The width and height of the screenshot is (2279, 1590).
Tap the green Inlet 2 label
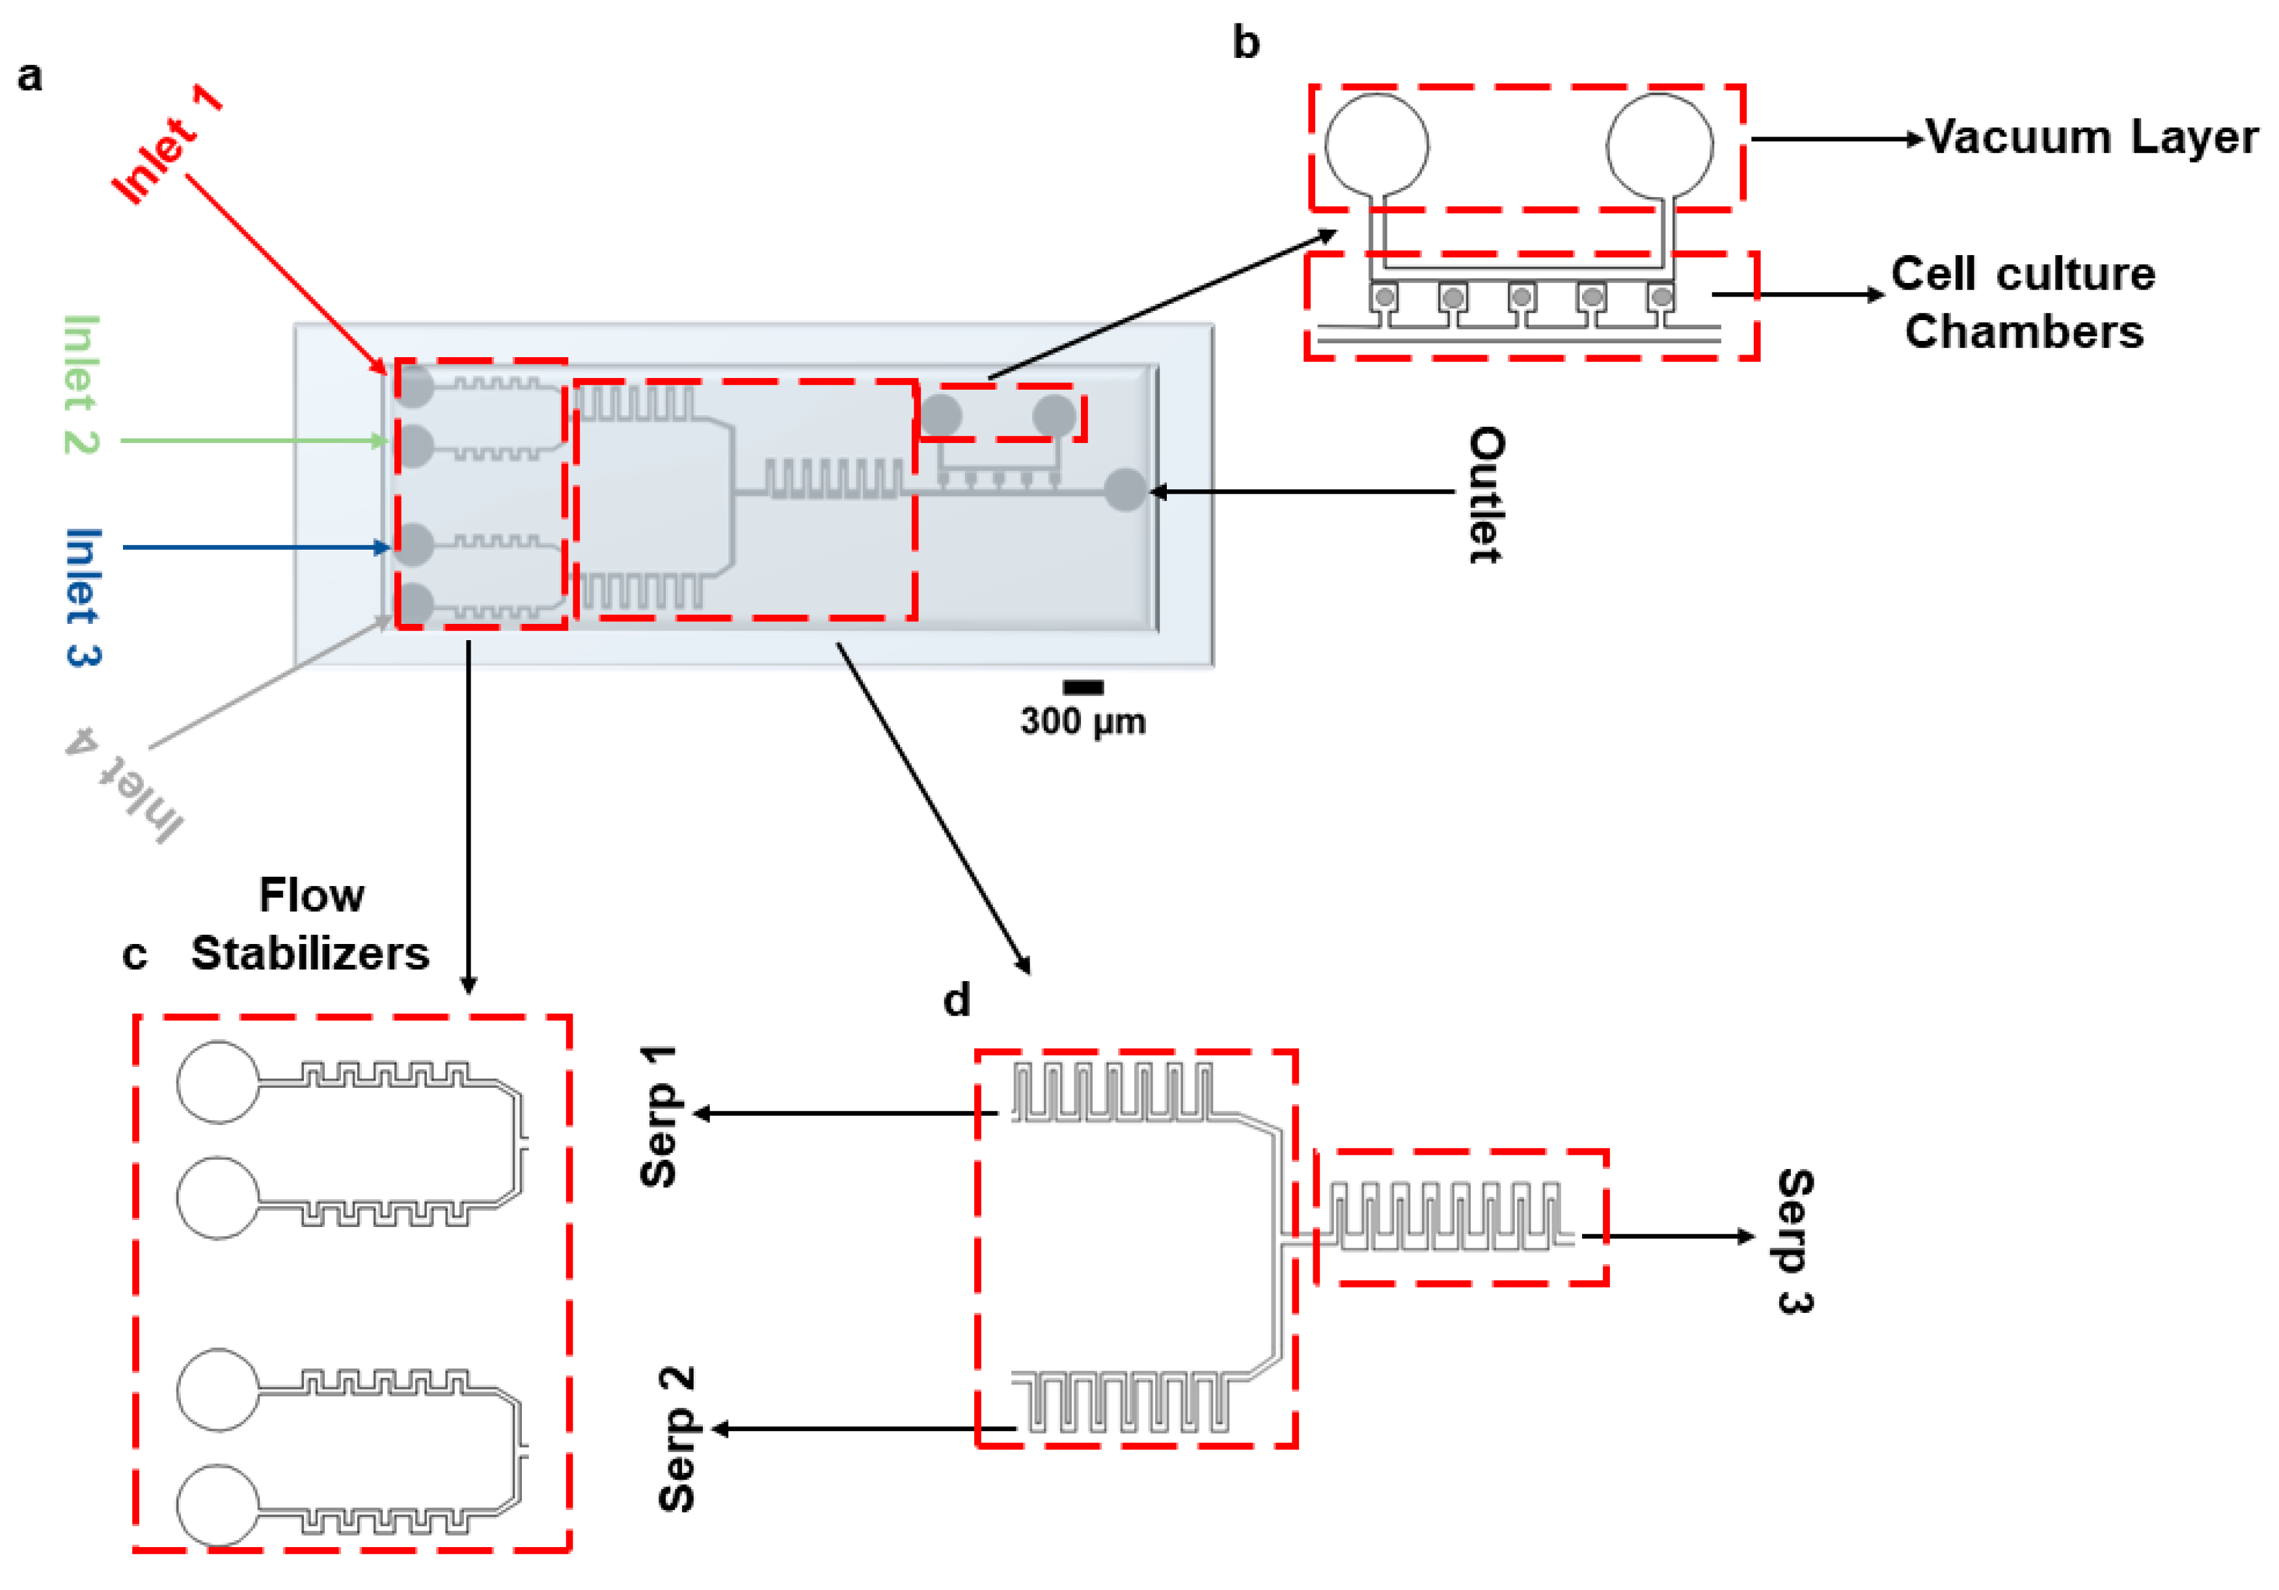81,385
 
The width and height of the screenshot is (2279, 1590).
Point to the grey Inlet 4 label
125,784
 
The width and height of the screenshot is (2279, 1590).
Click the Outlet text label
1486,494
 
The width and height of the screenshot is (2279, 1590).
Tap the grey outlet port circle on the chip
1126,491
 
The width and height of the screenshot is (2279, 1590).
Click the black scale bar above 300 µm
1083,687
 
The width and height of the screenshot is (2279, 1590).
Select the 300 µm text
1083,721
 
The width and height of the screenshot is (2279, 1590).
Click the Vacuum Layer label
2092,137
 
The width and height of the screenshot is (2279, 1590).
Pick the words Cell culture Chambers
2023,302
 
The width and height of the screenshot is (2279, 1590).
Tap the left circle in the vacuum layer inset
1377,145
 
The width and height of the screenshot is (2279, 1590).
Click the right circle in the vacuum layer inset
1659,145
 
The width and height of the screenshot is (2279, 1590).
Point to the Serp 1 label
659,1116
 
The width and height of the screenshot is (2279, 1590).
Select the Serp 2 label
677,1438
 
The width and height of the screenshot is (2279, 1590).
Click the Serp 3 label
1795,1241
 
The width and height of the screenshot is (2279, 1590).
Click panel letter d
956,1001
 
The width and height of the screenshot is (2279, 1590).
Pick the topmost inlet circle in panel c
219,1082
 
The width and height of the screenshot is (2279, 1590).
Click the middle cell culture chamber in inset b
1522,297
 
